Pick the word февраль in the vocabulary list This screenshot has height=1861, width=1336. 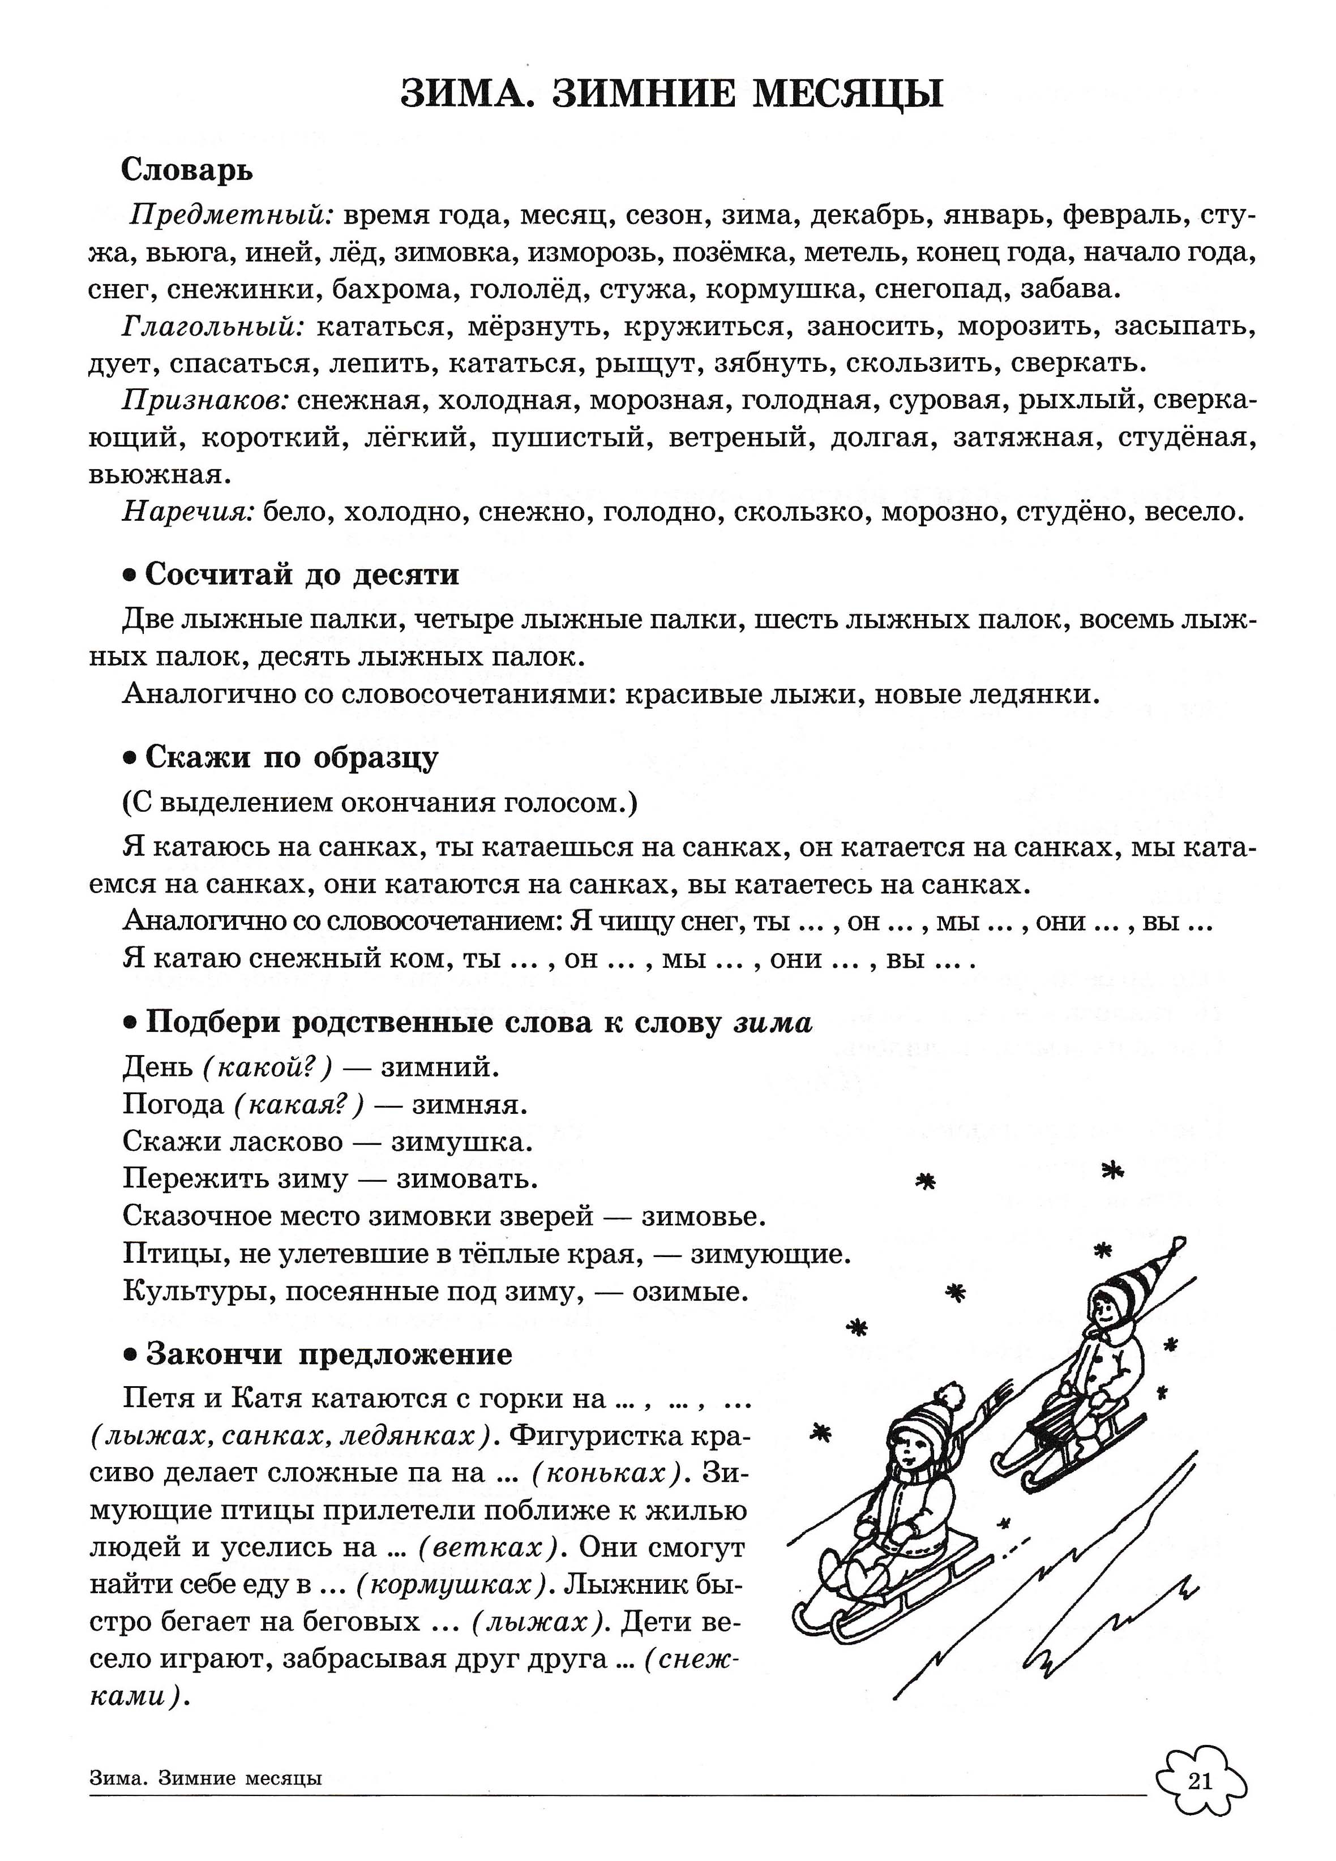pyautogui.click(x=1124, y=216)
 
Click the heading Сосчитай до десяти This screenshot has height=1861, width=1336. pyautogui.click(x=301, y=574)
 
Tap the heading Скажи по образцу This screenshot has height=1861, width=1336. pyautogui.click(x=292, y=757)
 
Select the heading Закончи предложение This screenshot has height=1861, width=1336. pyautogui.click(x=328, y=1354)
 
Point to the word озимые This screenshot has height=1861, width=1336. pyautogui.click(x=690, y=1292)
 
